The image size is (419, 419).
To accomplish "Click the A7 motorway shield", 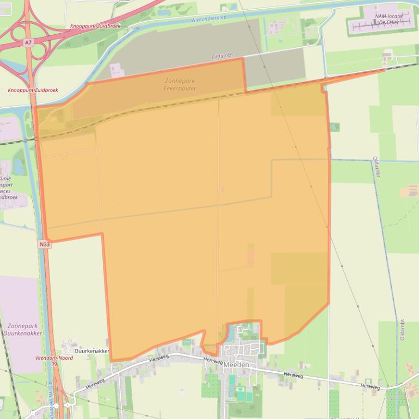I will tap(28, 41).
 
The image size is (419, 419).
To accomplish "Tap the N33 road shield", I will tap(45, 245).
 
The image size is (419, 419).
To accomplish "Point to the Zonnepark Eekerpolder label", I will tap(179, 84).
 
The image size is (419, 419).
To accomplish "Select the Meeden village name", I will tap(236, 365).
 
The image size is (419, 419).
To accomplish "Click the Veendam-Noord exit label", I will tap(53, 358).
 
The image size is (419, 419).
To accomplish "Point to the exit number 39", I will tap(54, 363).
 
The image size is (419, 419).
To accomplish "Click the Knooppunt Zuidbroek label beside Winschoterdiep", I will tap(95, 26).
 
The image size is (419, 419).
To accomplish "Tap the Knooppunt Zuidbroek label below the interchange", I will tap(32, 90).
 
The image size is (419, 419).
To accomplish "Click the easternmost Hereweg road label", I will tap(369, 386).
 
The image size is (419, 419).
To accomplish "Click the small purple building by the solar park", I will tap(116, 70).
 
